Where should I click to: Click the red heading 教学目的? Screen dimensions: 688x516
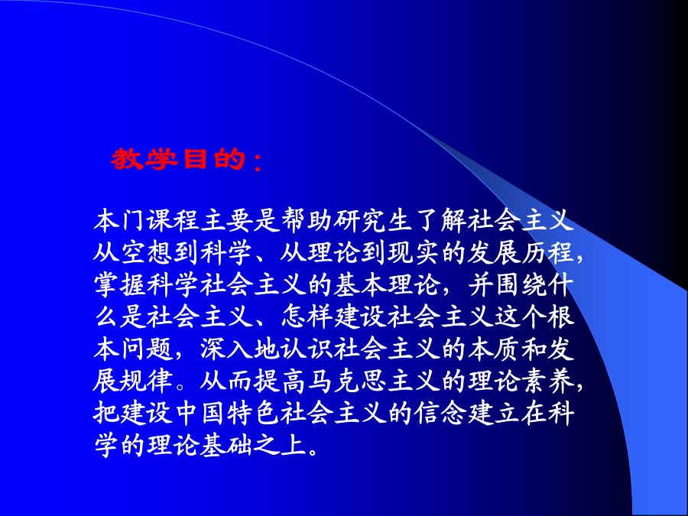pyautogui.click(x=177, y=159)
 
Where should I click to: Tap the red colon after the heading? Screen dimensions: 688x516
pyautogui.click(x=258, y=162)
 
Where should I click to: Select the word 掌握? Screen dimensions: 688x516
pyautogui.click(x=120, y=285)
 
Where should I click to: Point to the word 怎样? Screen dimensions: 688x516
pyautogui.click(x=307, y=316)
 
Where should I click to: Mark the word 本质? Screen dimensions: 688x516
pyautogui.click(x=494, y=349)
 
